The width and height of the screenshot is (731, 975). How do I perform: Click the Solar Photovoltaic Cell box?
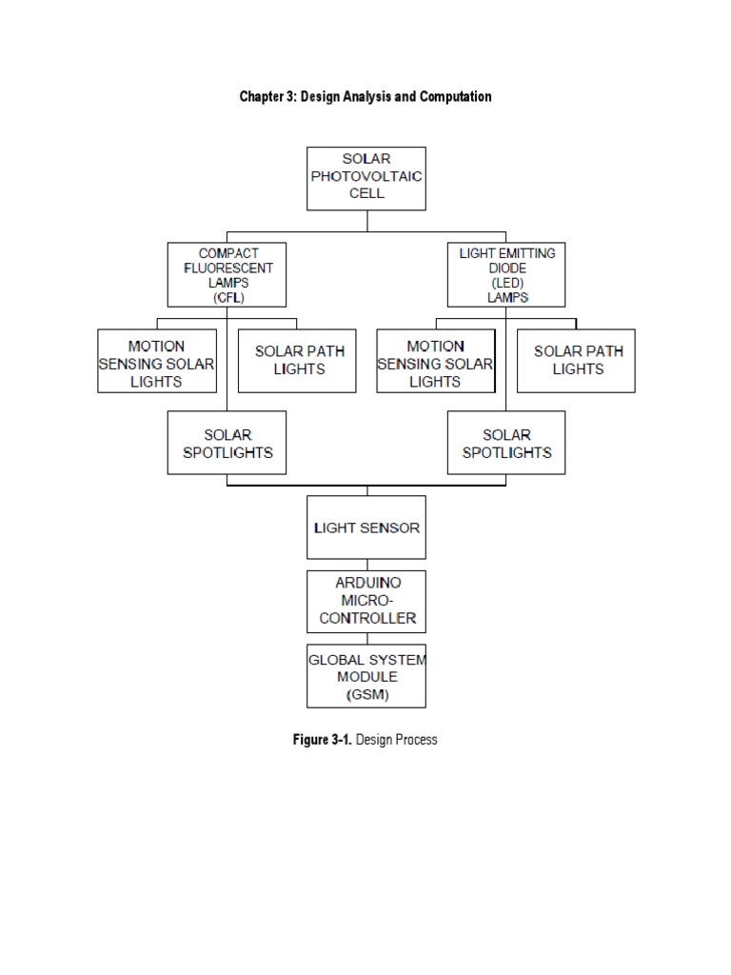point(366,178)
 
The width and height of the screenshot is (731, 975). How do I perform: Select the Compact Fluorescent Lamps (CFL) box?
point(227,275)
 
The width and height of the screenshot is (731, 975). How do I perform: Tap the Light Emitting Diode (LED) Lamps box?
point(506,275)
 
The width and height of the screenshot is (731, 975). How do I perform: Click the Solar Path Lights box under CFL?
point(297,360)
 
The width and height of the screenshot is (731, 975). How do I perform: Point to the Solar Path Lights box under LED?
point(576,360)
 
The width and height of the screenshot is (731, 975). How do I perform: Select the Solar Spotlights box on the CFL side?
point(227,443)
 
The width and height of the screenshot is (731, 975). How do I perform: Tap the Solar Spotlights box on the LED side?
point(506,443)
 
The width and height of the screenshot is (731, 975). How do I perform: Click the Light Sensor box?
point(366,527)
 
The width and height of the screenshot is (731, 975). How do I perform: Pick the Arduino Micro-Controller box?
point(366,601)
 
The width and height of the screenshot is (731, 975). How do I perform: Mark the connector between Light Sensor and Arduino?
point(366,565)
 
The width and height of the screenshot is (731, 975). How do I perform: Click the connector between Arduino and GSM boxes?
point(366,638)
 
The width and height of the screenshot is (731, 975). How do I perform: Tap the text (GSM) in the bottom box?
point(366,694)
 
